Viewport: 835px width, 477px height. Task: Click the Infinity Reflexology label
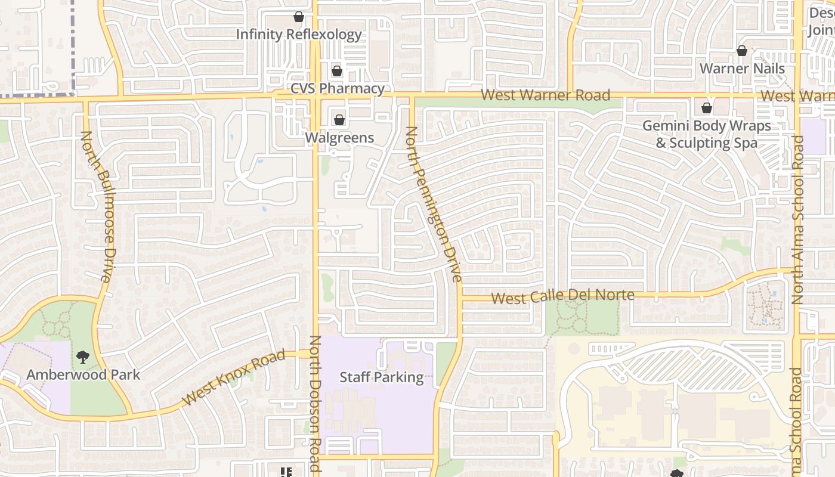[299, 35]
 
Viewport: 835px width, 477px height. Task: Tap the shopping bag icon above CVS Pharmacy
[337, 72]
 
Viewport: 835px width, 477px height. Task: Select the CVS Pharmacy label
[338, 89]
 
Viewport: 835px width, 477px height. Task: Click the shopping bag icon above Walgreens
[339, 120]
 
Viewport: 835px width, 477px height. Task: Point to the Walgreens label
[339, 138]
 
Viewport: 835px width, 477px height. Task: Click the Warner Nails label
[742, 69]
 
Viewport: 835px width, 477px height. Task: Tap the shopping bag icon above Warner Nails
[742, 51]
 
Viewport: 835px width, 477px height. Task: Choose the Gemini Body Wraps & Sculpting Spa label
[707, 135]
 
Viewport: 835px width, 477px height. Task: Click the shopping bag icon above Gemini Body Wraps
[707, 109]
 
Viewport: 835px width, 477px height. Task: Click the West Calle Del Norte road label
[562, 296]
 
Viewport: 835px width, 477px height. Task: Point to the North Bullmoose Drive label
[96, 206]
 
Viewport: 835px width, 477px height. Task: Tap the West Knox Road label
[234, 378]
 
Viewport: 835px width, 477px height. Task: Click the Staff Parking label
[382, 377]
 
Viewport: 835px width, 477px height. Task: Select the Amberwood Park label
[83, 375]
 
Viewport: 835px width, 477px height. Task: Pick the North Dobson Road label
[315, 405]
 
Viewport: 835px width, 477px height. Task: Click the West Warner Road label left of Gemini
[545, 95]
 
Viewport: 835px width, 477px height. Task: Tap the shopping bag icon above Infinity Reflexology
[299, 17]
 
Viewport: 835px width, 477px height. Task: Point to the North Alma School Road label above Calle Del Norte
[797, 221]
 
